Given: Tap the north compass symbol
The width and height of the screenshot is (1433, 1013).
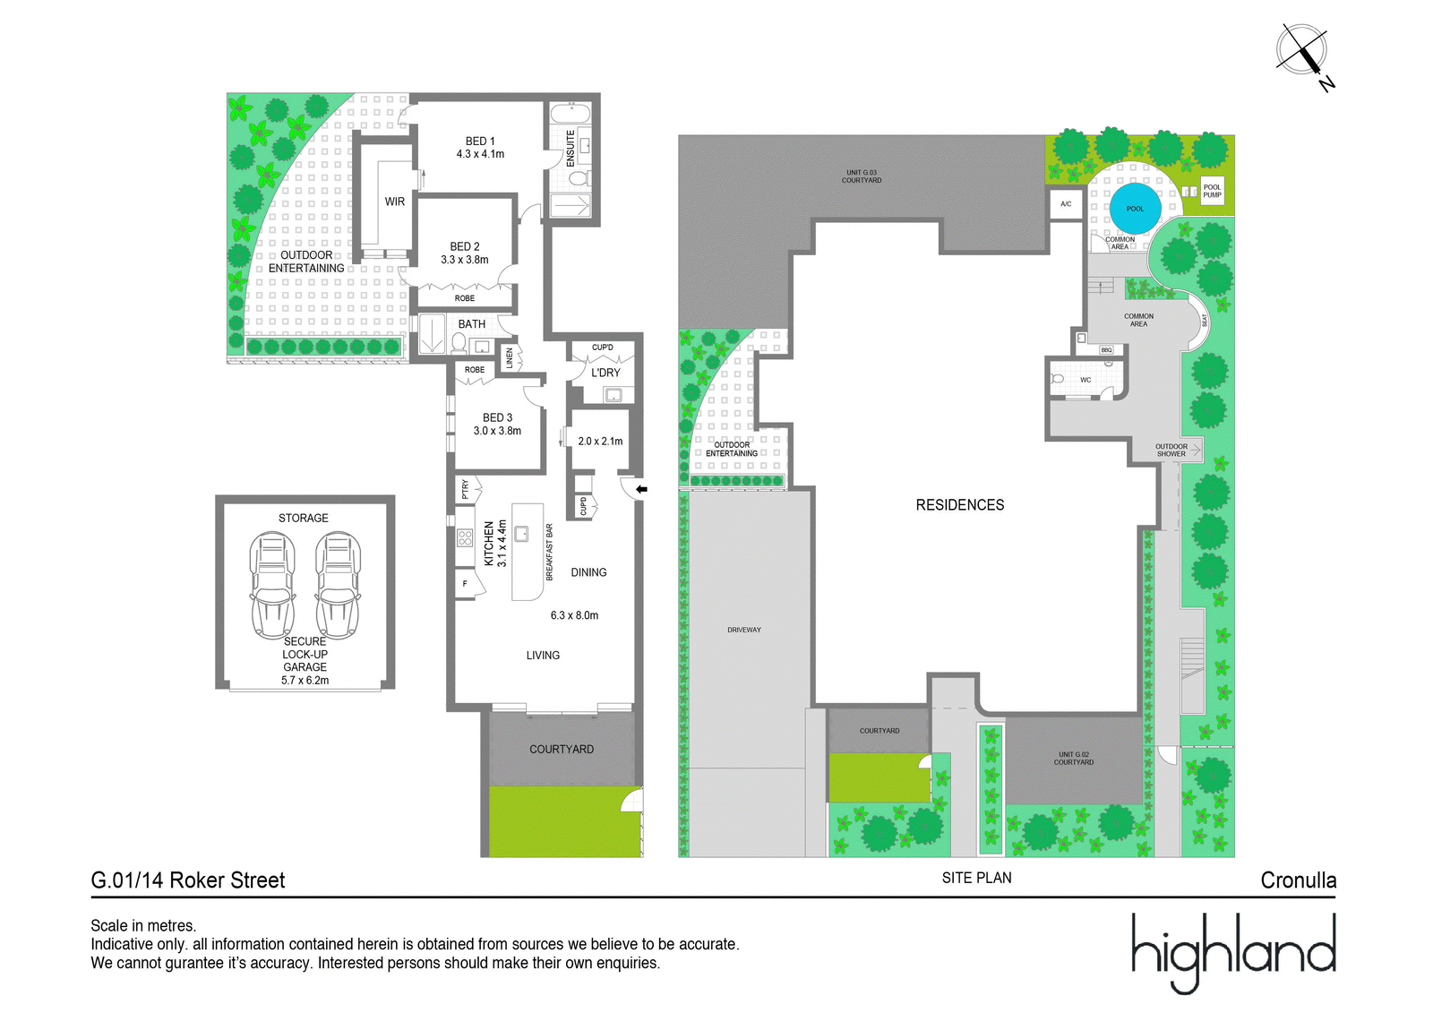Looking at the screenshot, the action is pos(1304,54).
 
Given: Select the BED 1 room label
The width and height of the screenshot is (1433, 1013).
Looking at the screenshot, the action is pos(480,147).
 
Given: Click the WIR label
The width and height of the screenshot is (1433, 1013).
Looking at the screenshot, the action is pos(395,202).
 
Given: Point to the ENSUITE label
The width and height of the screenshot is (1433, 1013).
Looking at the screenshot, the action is pos(570,149).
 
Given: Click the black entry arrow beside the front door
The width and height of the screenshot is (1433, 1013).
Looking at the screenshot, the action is pos(641,490).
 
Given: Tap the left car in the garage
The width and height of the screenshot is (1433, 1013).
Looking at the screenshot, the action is pos(272,585).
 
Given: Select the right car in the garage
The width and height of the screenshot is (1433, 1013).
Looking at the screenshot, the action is pos(338,585).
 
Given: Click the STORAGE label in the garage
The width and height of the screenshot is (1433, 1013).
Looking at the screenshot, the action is pos(304,518).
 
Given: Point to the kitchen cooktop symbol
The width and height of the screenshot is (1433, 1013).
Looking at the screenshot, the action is pos(465,537).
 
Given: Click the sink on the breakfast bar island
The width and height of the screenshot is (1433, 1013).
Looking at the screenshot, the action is pos(521,533).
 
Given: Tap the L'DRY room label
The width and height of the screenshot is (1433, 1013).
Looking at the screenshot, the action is pos(605,373).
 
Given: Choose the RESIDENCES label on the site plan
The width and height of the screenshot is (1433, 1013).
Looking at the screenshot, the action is pos(959,505).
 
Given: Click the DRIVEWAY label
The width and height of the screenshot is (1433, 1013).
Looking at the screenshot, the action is pos(744,630).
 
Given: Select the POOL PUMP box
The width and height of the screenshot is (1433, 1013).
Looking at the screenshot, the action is pos(1212,191).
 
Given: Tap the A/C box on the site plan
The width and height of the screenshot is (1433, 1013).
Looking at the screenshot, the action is pos(1066,204).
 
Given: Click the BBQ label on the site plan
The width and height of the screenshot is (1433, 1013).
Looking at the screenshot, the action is pos(1106,350).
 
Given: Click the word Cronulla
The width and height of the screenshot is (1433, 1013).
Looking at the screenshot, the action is pos(1298,880).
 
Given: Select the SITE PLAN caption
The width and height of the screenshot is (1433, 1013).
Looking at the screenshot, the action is pos(976,878).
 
